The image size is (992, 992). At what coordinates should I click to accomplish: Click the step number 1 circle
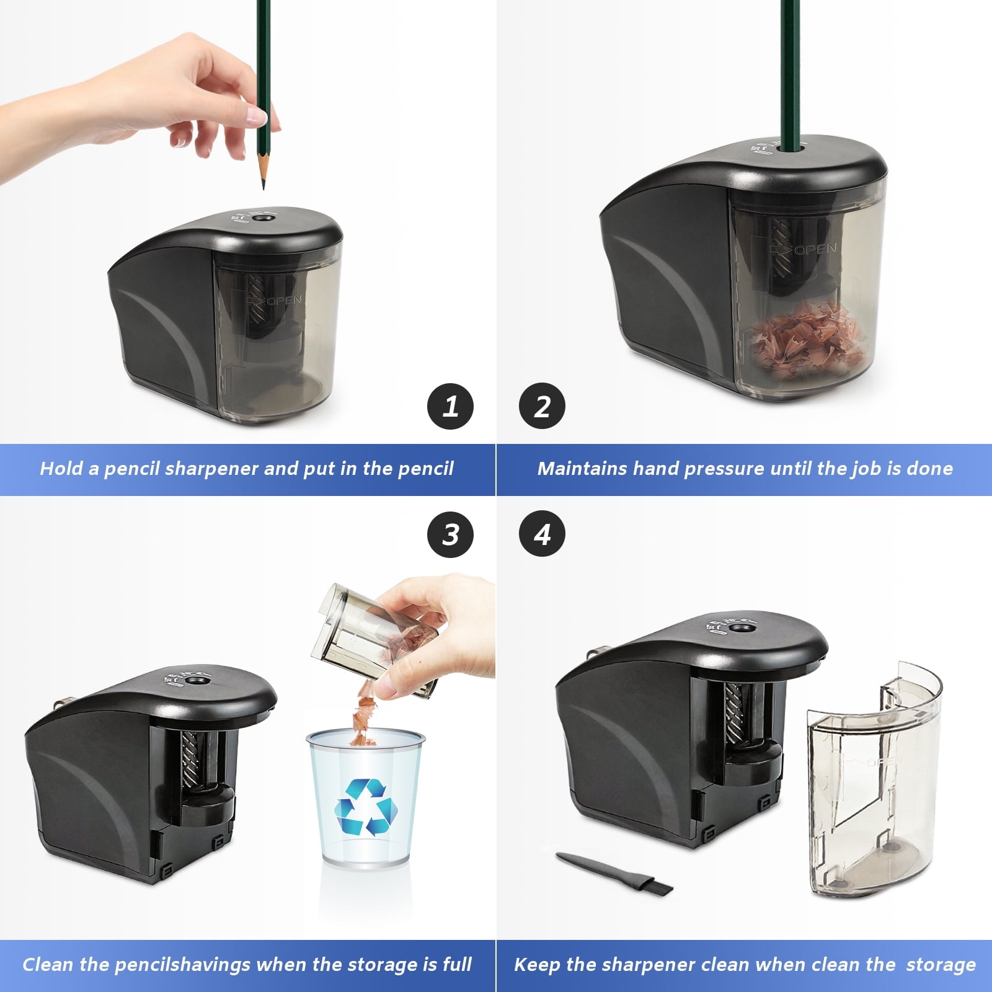[451, 407]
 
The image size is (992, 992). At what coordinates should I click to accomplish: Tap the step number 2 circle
[542, 407]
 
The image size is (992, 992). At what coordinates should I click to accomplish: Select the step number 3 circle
[451, 534]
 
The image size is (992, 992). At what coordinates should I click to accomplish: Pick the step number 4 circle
[542, 534]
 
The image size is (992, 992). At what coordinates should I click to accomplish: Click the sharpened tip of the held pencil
[263, 181]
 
